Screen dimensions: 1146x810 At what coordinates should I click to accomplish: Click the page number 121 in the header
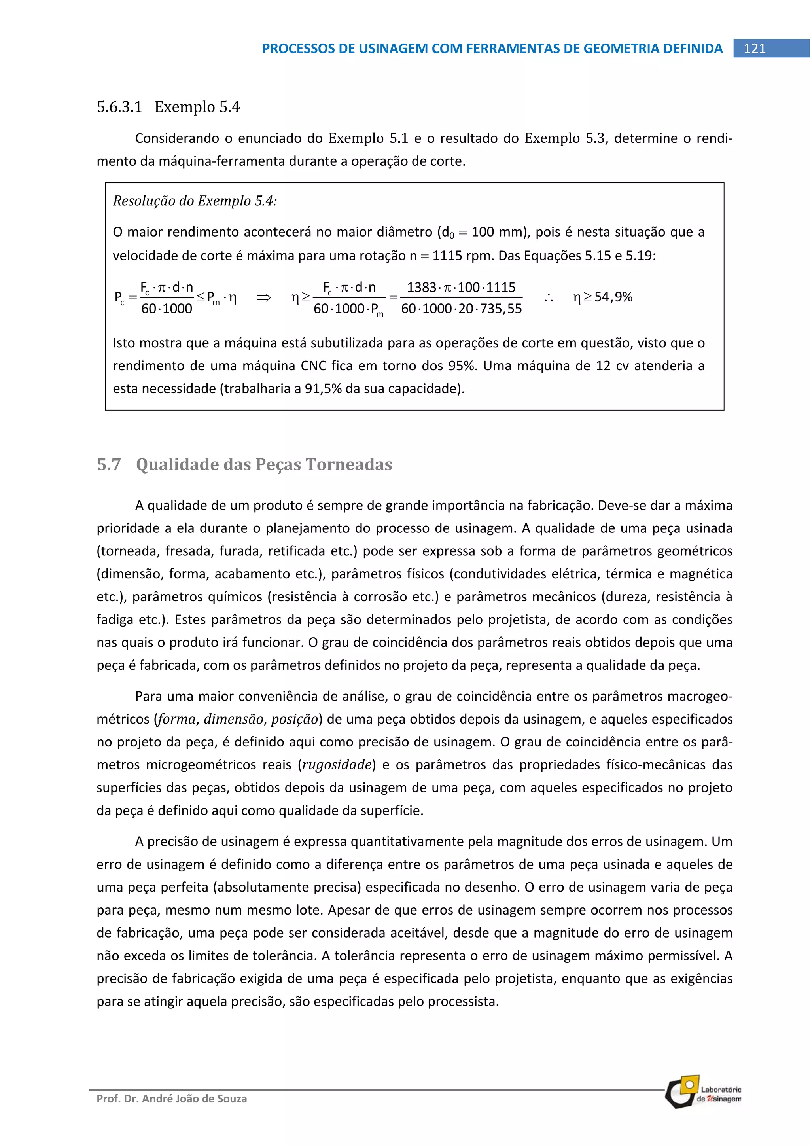[x=754, y=48]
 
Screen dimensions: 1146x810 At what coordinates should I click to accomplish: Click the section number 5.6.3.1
[x=119, y=107]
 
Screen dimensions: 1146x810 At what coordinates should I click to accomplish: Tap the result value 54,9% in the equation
[x=613, y=297]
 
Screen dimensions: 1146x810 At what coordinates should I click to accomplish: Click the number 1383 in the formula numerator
[x=421, y=287]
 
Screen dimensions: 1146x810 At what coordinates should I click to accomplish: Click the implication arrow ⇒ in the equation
[x=263, y=298]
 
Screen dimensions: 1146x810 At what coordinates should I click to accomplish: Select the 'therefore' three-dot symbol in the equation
[x=549, y=298]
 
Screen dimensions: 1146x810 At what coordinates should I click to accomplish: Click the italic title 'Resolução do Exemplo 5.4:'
[x=195, y=201]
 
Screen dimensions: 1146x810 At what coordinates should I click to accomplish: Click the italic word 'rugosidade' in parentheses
[x=337, y=765]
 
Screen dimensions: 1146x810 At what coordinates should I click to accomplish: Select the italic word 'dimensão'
[x=234, y=719]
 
